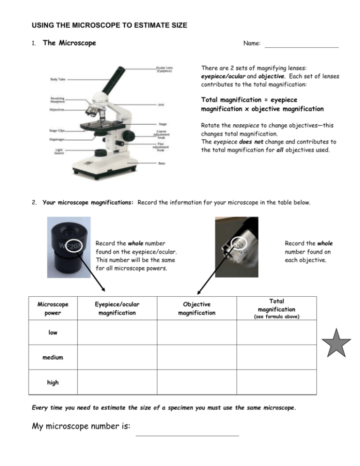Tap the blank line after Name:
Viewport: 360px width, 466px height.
coord(301,46)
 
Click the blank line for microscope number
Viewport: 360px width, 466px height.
coord(187,435)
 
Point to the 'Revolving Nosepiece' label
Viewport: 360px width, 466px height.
coord(58,100)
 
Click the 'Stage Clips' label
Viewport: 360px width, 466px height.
coord(57,130)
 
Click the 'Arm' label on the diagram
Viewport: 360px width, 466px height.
coord(161,105)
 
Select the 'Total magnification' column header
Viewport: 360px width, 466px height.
coord(276,308)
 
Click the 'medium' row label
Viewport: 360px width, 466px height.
coord(53,357)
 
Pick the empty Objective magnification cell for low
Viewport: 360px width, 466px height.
coord(196,332)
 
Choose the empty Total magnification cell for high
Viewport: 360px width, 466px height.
coord(276,382)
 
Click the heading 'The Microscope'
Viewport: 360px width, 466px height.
coord(69,43)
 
